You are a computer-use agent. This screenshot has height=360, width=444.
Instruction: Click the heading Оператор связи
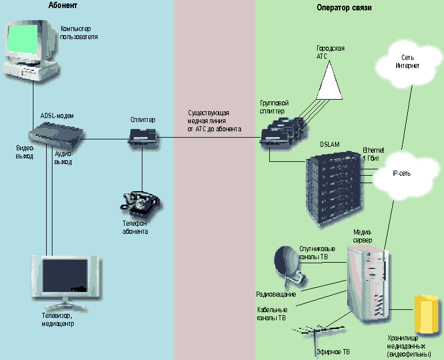coord(344,8)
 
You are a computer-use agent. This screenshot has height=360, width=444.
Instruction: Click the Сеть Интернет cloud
coord(407,62)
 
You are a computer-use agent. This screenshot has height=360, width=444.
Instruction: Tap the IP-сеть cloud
coord(401,172)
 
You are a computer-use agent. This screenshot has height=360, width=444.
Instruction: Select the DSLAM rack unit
coord(334,187)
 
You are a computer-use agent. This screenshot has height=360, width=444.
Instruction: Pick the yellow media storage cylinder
coord(426,314)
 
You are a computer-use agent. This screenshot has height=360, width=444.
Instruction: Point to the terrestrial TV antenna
coord(317,333)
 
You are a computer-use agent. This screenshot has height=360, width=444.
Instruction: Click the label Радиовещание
coord(276,294)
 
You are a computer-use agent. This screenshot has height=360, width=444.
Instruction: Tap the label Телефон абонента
coord(135,227)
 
